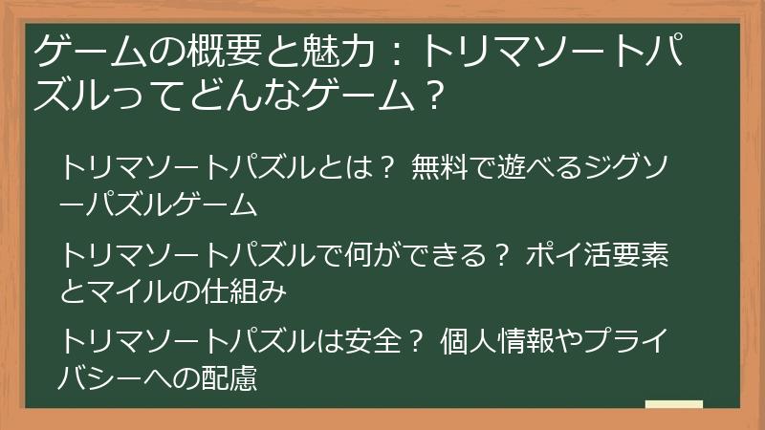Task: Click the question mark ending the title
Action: (x=436, y=94)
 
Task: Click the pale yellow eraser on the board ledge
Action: (x=673, y=405)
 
